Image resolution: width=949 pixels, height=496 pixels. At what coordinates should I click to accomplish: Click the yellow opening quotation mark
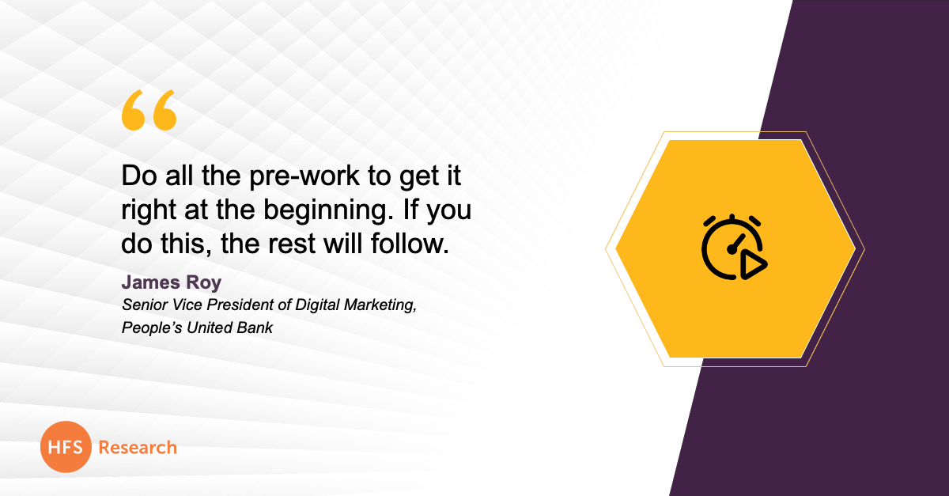click(149, 110)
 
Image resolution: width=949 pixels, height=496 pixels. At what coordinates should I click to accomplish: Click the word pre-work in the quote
click(304, 176)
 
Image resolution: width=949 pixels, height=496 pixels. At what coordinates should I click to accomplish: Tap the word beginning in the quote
click(325, 210)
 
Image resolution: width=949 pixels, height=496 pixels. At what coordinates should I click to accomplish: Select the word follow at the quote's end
click(410, 244)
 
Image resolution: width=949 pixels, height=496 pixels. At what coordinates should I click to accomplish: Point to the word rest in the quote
click(292, 244)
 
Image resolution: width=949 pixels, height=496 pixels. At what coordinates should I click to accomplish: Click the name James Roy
click(172, 282)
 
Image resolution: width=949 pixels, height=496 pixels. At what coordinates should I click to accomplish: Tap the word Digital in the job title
click(317, 305)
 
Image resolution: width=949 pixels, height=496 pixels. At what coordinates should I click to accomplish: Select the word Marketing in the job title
click(380, 305)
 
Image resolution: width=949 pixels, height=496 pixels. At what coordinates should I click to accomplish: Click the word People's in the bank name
click(152, 328)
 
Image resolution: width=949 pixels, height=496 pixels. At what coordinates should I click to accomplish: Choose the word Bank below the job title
click(255, 328)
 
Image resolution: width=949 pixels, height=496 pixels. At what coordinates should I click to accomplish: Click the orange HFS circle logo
click(66, 447)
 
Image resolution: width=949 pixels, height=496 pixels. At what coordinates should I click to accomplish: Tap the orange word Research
click(138, 448)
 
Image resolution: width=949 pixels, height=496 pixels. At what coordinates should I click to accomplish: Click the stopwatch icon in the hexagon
click(734, 248)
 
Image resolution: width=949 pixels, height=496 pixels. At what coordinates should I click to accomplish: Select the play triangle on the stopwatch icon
click(753, 265)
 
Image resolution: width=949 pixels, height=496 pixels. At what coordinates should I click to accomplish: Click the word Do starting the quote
click(139, 176)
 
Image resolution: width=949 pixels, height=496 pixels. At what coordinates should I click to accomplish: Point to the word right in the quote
click(149, 210)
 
